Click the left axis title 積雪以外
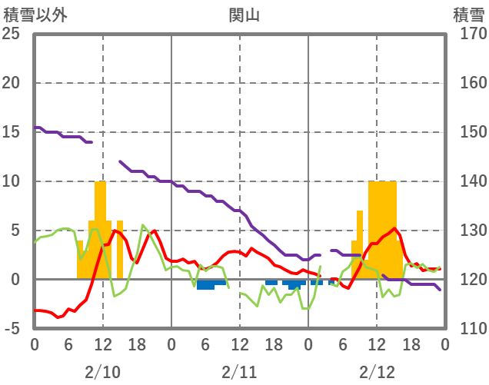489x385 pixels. coord(30,15)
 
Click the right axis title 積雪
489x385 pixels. coord(467,15)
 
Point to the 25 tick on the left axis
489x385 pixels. coord(11,34)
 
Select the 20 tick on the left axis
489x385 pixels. coord(11,83)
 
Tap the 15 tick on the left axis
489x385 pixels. coord(11,132)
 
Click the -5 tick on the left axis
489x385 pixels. coord(11,329)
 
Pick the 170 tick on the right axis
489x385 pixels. coord(468,34)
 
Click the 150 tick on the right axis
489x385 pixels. coord(468,132)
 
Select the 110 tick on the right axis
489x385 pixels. coord(468,329)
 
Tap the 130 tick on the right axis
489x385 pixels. coord(468,231)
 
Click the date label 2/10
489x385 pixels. coord(102,372)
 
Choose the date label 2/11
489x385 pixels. coord(240,372)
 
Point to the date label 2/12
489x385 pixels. coord(377,372)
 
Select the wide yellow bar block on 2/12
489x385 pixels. coord(382,231)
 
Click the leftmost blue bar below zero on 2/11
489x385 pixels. coord(205,284)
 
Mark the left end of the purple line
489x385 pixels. coord(35,128)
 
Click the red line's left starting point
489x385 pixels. coord(35,310)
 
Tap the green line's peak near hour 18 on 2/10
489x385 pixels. coord(143,225)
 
